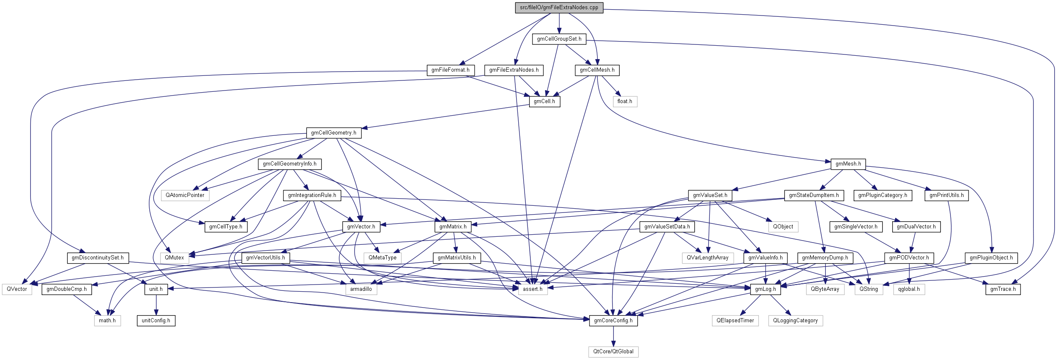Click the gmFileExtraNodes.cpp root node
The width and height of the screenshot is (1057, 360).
tap(559, 8)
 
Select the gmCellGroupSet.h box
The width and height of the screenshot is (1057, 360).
tap(559, 39)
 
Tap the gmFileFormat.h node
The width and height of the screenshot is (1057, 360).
tap(450, 70)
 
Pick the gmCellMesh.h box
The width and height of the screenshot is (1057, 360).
tap(597, 70)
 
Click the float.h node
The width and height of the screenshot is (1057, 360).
tap(625, 101)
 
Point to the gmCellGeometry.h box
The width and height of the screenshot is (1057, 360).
tap(333, 133)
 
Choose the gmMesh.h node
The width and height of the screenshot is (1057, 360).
tap(848, 164)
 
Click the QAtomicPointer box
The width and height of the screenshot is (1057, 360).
tap(185, 195)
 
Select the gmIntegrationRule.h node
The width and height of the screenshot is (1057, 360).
tap(312, 195)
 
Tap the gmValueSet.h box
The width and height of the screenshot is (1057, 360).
tap(710, 195)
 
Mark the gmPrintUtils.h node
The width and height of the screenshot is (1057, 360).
tap(946, 195)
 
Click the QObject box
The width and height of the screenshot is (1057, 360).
tap(783, 227)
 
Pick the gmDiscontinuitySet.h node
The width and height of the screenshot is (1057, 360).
tap(98, 258)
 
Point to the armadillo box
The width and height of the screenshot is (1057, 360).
tap(361, 289)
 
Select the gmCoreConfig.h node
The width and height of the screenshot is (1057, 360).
tap(613, 321)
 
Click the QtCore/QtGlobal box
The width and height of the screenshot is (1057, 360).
tap(613, 352)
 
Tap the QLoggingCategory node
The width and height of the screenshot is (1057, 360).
tap(795, 321)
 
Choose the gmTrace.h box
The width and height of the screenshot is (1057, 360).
tap(1003, 289)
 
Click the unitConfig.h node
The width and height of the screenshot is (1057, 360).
tap(156, 321)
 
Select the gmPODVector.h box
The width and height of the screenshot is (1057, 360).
tap(909, 258)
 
